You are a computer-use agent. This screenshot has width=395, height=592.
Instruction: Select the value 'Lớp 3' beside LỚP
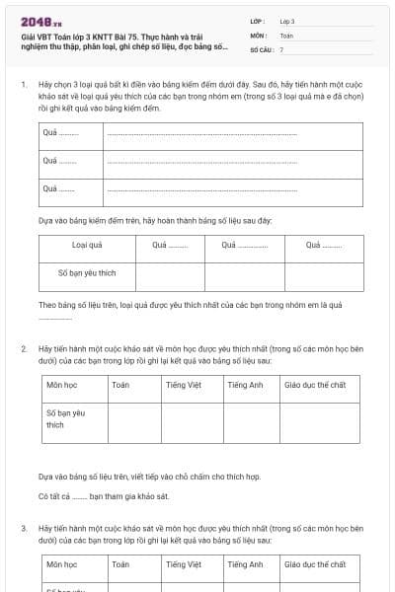287,21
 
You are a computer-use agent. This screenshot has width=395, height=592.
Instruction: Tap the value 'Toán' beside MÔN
287,35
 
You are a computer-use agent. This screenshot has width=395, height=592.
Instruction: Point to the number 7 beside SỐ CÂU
281,48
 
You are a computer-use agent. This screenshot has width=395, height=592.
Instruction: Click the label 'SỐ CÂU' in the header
261,48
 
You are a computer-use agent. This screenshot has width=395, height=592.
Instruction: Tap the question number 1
24,86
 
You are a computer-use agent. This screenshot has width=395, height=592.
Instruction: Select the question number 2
24,350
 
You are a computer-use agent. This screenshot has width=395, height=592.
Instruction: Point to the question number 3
24,529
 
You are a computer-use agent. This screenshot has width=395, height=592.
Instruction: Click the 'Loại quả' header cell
88,246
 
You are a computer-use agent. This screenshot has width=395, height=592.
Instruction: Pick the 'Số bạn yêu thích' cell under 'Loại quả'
88,273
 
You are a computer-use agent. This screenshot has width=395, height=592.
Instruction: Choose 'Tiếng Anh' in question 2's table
245,386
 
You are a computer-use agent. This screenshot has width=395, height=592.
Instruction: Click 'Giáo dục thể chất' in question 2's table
315,386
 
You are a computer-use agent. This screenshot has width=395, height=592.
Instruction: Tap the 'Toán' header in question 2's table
120,386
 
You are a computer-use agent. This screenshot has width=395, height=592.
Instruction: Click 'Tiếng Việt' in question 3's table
184,564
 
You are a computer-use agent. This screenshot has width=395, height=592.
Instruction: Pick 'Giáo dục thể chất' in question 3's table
315,564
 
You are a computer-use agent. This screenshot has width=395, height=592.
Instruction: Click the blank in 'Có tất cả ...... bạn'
80,495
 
